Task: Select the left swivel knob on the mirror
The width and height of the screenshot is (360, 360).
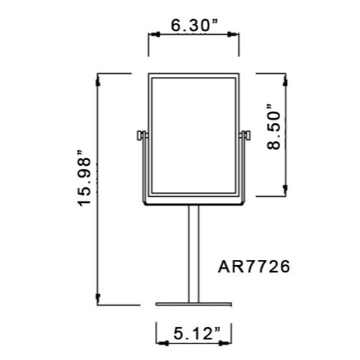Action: [140, 135]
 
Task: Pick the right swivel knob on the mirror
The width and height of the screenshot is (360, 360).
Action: [245, 135]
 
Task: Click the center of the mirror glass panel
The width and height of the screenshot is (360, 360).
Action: [193, 135]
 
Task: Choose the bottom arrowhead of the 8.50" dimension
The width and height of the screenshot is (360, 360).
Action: [286, 191]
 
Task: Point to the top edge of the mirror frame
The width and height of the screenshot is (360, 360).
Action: [193, 74]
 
